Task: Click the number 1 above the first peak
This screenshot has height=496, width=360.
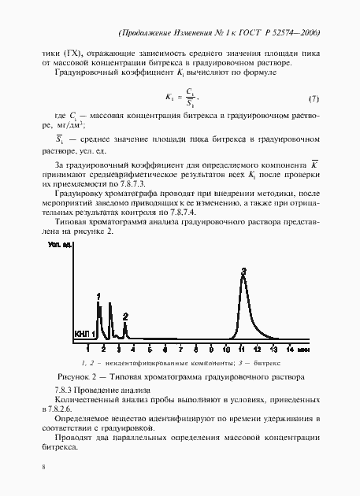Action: click(98, 295)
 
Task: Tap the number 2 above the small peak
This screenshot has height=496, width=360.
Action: click(125, 316)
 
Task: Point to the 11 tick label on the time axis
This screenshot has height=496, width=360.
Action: click(244, 347)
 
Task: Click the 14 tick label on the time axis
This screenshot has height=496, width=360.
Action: click(290, 347)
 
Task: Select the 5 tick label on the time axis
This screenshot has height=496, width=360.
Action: click(149, 347)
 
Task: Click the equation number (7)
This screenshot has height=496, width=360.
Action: click(313, 98)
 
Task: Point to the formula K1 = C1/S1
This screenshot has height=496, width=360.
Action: click(182, 98)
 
